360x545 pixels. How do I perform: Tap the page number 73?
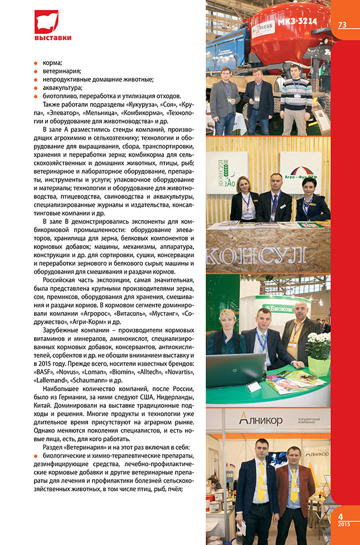click(342, 24)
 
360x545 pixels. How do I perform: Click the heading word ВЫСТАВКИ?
click(52, 38)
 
